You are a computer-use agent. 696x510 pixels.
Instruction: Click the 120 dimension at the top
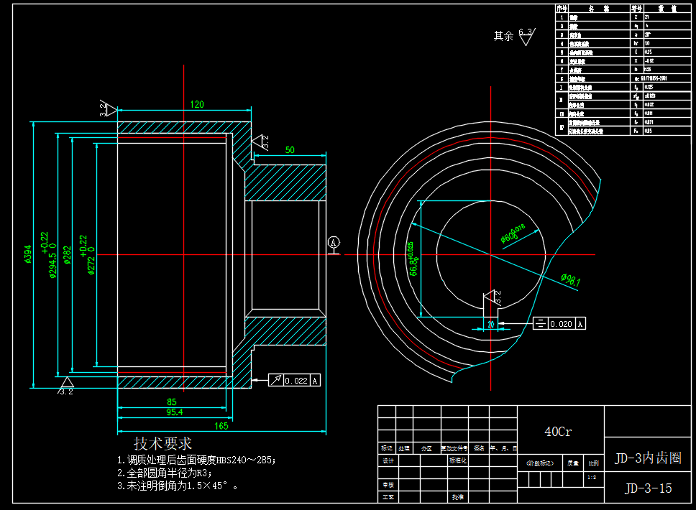coord(197,104)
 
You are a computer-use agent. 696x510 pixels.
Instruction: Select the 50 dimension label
coord(290,150)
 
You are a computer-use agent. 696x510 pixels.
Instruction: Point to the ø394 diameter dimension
coord(28,254)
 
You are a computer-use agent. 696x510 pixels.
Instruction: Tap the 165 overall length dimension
coord(221,426)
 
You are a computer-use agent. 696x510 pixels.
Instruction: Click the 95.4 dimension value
coord(175,412)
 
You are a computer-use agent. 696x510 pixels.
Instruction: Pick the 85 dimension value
coord(172,401)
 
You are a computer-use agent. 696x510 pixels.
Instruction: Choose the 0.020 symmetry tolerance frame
coord(559,324)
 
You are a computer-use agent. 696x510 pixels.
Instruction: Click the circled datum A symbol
coord(334,243)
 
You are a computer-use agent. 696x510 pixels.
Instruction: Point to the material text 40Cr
coord(559,432)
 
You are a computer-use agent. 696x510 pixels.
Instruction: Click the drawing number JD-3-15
coord(649,488)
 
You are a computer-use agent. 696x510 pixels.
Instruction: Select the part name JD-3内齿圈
coord(647,458)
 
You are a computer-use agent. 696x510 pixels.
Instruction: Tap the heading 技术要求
coord(163,444)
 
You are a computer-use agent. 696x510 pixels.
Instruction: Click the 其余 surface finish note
coord(503,35)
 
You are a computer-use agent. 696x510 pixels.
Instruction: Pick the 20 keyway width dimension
coord(491,324)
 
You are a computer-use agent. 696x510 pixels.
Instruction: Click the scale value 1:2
coord(591,477)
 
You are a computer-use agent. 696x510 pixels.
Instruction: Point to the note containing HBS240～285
coord(196,460)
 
